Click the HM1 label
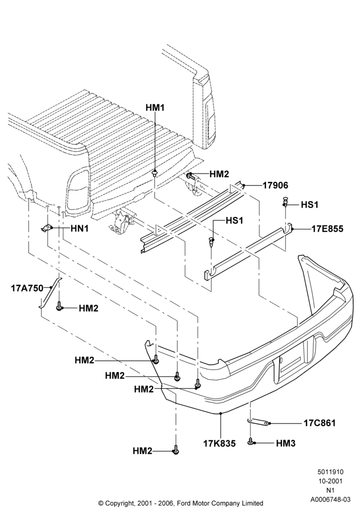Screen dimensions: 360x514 (x=155, y=107)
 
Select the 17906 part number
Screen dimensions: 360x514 (x=276, y=186)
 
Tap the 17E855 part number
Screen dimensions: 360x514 (x=328, y=229)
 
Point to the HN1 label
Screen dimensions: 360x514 (x=80, y=229)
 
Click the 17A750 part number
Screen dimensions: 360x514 (x=27, y=288)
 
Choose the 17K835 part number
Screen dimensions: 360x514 (x=220, y=444)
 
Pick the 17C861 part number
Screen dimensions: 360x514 (x=320, y=423)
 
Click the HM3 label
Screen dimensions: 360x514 (x=286, y=444)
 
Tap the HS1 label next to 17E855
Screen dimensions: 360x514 (x=310, y=205)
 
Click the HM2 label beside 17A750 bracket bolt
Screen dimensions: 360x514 (x=88, y=308)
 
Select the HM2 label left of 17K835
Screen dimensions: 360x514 (x=142, y=451)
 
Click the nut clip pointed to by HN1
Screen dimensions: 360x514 (x=47, y=228)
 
